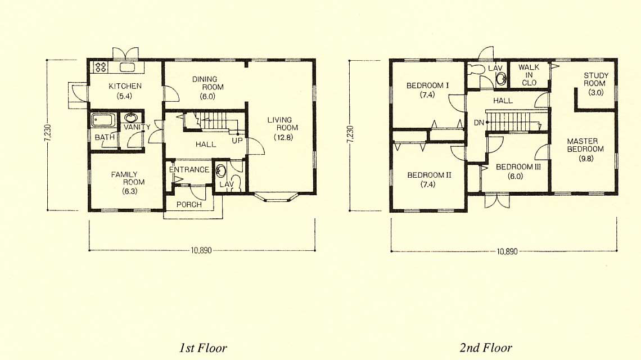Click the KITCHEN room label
(125, 86)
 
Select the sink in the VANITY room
(131, 118)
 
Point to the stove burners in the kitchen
(101, 66)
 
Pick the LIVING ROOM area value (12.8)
(284, 137)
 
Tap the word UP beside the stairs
(237, 140)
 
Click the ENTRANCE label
(189, 169)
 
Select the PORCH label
(189, 204)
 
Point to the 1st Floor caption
(203, 348)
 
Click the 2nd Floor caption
(486, 348)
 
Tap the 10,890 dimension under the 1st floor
(201, 250)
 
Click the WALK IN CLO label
(529, 75)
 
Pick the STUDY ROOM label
(595, 79)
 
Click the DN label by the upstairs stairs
(479, 122)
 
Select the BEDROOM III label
(518, 167)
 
